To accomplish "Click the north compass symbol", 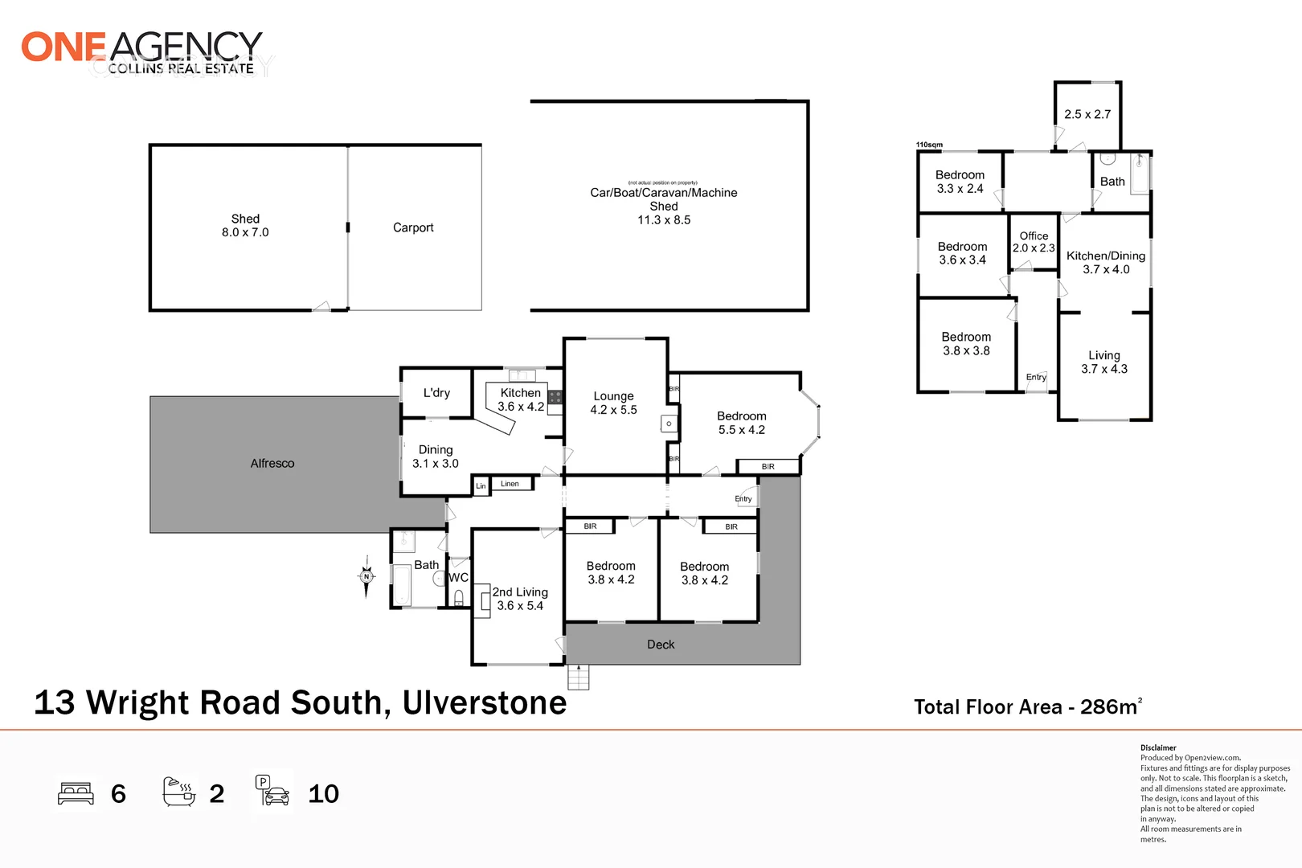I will point(366,575).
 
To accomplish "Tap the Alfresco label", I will point(272,464).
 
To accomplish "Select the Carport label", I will point(413,228).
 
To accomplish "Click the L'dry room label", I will point(436,393).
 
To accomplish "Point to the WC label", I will point(458,578).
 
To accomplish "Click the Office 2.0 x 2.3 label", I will point(1034,242).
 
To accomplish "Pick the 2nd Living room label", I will point(520,599).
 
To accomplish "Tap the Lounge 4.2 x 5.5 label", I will point(613,403).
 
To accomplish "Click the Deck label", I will point(661,645).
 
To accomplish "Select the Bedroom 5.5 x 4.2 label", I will point(741,423).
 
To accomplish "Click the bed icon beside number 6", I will point(76,793).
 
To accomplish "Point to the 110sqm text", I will point(929,145).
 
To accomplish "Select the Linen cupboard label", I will point(510,484).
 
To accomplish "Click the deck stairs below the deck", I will point(578,677).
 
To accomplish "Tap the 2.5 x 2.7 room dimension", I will point(1087,114).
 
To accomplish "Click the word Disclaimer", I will point(1158,747).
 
